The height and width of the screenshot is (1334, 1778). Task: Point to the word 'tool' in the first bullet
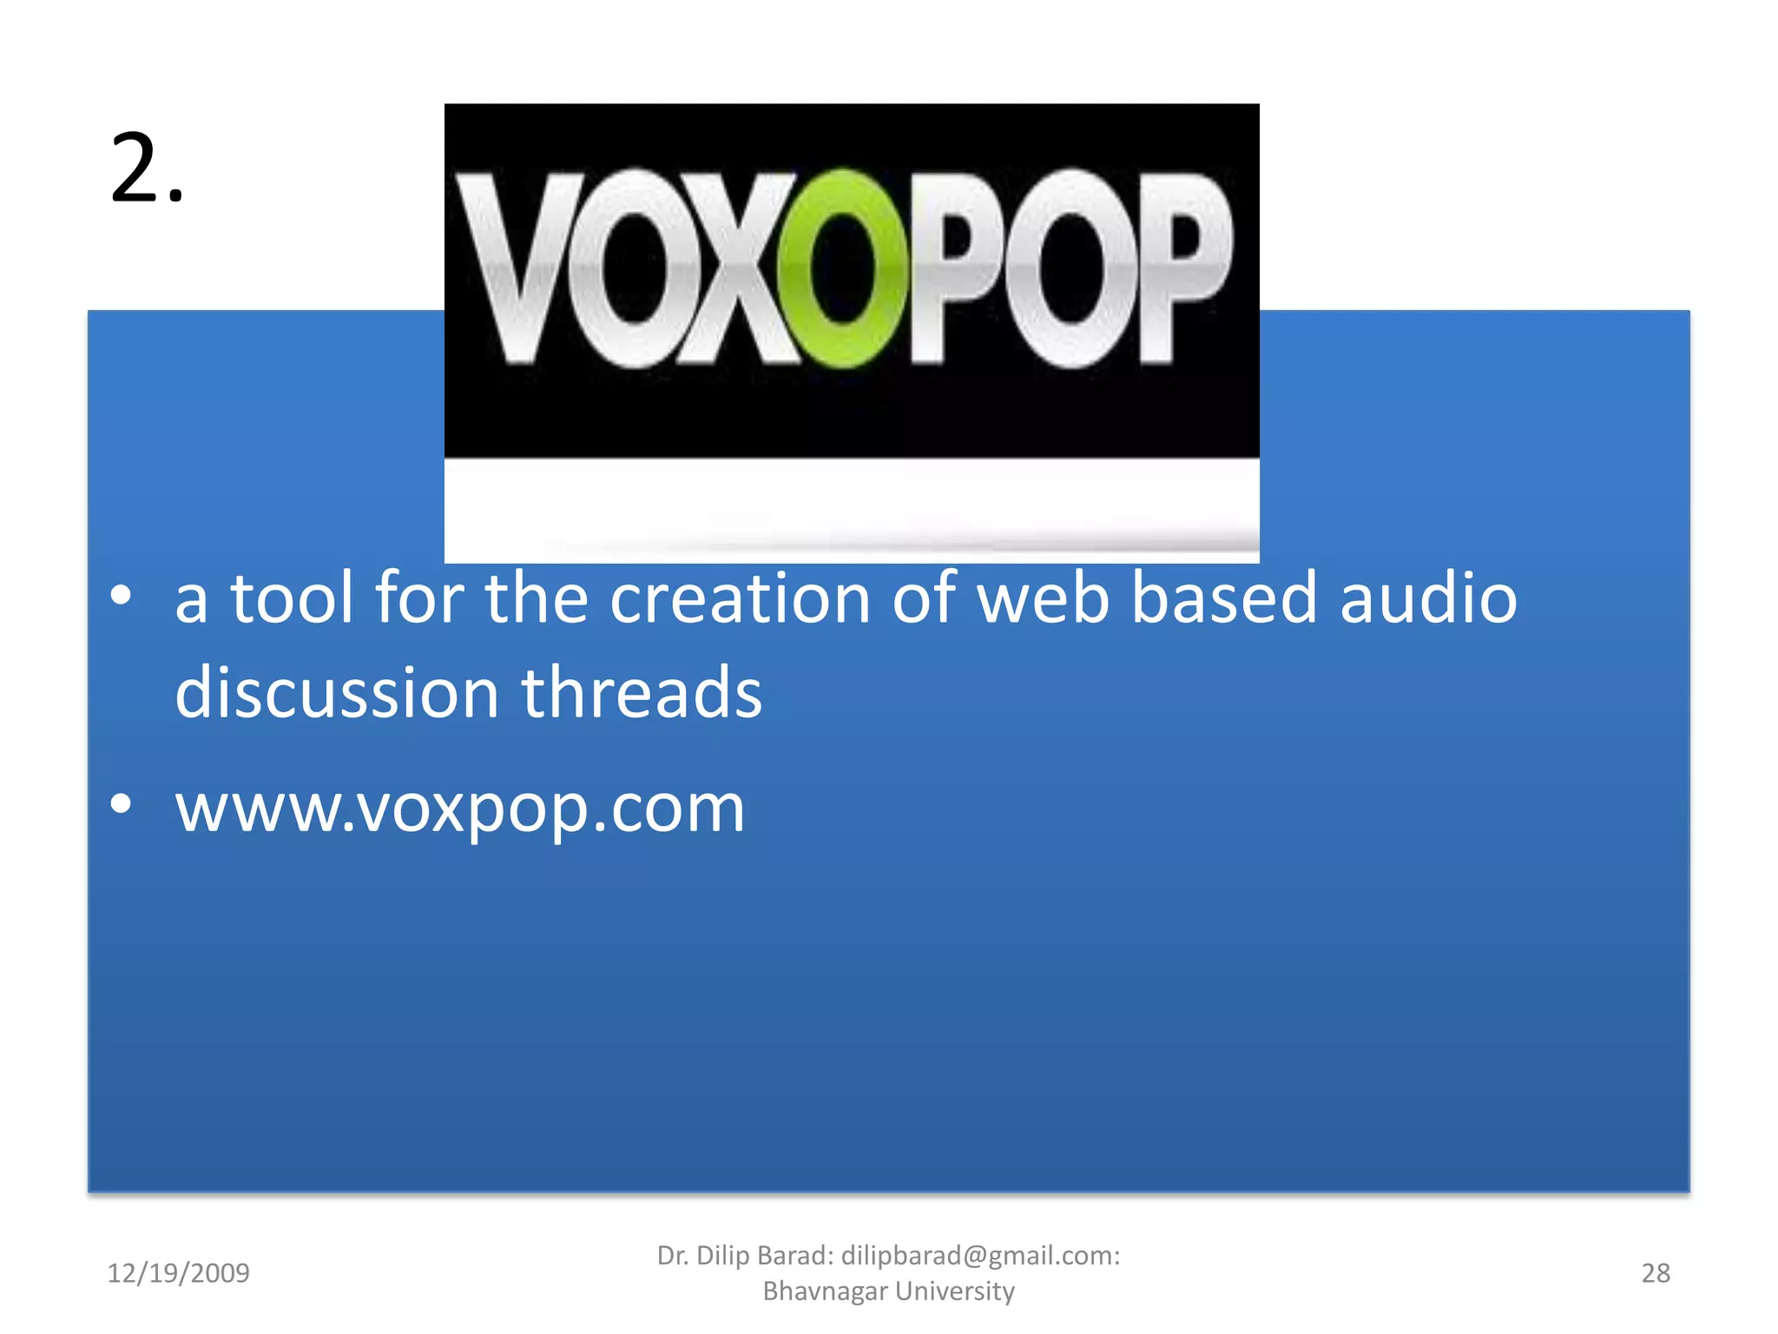[x=292, y=598]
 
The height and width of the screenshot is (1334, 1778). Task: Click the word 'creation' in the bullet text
[x=740, y=598]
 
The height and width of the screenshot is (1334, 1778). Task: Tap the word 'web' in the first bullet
[x=1043, y=598]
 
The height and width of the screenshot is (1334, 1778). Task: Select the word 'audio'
[x=1428, y=598]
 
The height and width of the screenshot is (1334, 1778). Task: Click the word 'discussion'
[x=337, y=693]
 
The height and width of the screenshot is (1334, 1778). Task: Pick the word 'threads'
[x=642, y=693]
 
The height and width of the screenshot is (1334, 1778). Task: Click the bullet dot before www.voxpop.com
[x=122, y=804]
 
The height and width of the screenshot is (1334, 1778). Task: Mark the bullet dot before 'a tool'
[x=122, y=596]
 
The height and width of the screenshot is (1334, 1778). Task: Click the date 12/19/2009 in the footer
[x=178, y=1273]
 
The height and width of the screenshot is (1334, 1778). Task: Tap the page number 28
[x=1656, y=1273]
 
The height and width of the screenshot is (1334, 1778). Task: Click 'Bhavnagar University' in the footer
[x=888, y=1291]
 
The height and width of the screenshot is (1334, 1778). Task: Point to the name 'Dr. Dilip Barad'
[x=745, y=1256]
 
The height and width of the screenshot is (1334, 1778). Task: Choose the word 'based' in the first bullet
[x=1224, y=598]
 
